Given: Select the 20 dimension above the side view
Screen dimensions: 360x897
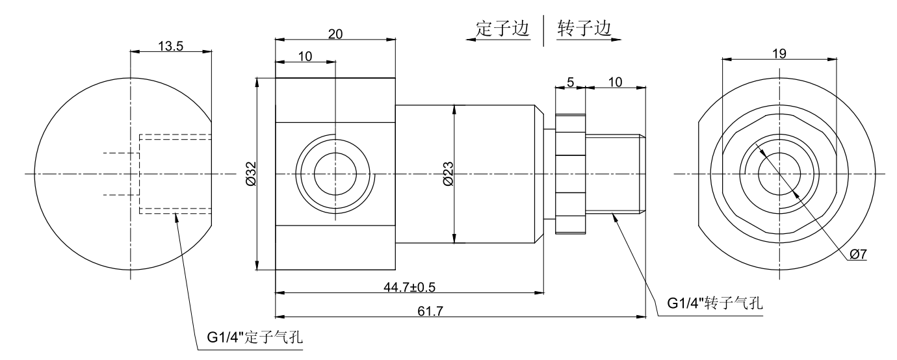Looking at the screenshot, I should tap(335, 34).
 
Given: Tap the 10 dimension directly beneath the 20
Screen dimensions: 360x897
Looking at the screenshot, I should tap(305, 57).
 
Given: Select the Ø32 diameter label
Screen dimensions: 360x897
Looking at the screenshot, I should tap(251, 174).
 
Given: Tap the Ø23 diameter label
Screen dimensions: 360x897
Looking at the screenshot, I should tap(447, 174).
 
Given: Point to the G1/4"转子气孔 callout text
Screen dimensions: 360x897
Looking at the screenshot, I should tap(715, 303).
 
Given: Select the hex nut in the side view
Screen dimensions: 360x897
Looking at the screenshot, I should tap(570, 174).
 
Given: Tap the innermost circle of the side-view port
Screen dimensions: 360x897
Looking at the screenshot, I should tap(335, 174).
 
